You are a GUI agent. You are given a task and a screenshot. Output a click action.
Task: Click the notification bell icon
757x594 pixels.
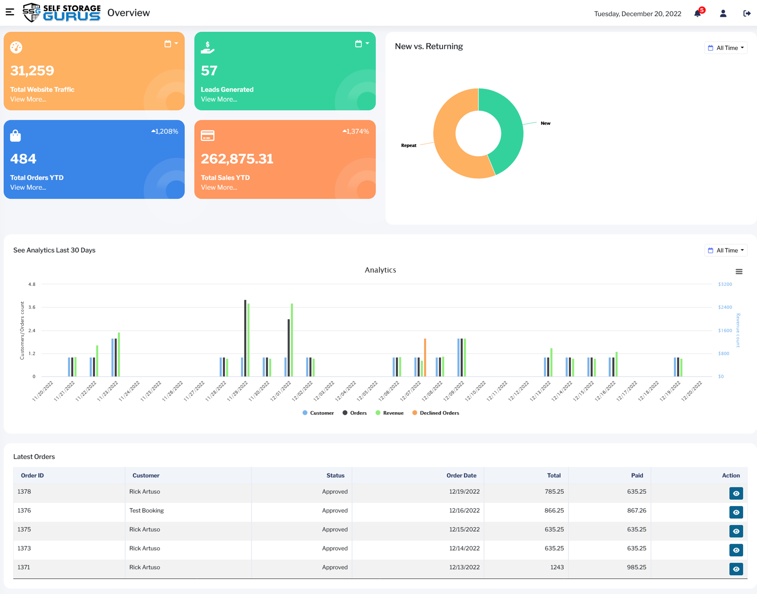point(698,14)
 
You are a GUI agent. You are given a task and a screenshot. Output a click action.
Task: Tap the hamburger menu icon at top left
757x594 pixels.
point(10,12)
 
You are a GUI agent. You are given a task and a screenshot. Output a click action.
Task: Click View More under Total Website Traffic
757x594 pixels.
point(28,99)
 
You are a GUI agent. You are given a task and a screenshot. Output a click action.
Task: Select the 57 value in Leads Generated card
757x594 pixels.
point(209,71)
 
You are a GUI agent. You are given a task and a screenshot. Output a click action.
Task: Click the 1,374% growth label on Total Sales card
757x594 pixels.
point(356,131)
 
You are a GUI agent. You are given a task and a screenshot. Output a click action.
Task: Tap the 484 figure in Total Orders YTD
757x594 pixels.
point(23,159)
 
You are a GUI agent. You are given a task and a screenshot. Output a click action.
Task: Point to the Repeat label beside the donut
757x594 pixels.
point(409,145)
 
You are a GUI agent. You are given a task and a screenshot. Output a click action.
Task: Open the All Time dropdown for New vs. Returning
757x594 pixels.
point(726,48)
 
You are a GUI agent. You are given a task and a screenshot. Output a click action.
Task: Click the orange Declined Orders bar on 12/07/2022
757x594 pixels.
point(425,356)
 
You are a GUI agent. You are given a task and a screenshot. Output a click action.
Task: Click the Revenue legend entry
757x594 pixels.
point(390,413)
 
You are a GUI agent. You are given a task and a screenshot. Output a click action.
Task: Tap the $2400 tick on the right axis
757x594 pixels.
point(725,307)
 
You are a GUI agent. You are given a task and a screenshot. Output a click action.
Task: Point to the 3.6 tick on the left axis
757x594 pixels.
point(32,307)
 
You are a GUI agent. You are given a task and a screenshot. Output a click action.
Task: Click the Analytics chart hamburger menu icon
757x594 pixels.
point(739,272)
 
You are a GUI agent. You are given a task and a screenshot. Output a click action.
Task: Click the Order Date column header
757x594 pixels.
point(461,476)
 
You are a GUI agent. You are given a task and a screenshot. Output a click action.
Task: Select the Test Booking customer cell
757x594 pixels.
point(146,510)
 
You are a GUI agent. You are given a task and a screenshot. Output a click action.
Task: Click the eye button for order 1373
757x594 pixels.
point(736,550)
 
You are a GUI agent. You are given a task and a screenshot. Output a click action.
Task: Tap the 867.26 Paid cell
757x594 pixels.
point(636,510)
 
